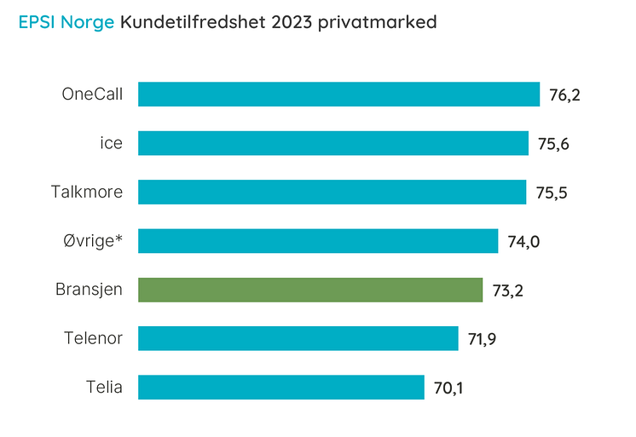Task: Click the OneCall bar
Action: pos(338,94)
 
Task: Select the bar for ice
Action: pos(333,143)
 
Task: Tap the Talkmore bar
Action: pos(332,192)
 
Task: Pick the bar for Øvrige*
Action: pos(318,241)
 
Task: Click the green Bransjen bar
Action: pos(310,290)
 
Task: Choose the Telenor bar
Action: pos(298,339)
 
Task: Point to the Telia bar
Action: pos(281,388)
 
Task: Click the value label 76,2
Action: pos(564,95)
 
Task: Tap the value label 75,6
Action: pos(553,144)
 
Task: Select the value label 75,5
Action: pos(551,193)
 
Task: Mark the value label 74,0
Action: pos(523,242)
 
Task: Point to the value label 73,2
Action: pos(507,290)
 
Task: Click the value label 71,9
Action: pos(483,340)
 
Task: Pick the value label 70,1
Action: pos(449,388)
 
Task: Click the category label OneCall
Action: pos(92,95)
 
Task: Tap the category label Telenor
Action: pos(93,339)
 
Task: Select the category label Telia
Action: pos(104,388)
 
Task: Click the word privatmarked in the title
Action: pos(377,23)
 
